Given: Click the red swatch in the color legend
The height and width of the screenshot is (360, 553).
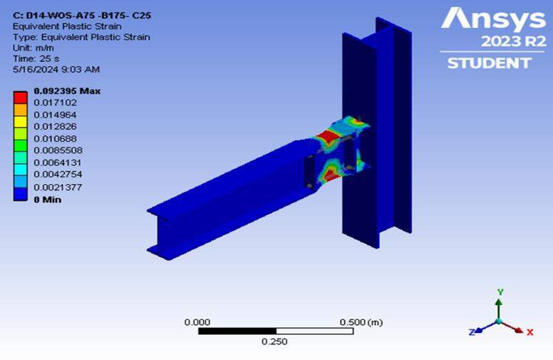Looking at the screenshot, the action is [20, 98].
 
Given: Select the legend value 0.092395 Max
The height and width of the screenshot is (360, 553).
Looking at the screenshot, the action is [67, 91].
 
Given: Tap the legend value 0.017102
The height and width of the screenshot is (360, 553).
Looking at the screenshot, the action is [55, 103].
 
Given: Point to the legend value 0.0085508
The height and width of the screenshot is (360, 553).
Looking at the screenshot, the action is [58, 150].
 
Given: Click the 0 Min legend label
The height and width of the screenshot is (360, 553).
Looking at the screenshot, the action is [48, 200].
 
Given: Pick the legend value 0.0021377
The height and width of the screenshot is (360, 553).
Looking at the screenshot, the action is [58, 187].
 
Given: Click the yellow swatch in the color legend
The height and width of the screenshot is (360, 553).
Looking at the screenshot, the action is [20, 121].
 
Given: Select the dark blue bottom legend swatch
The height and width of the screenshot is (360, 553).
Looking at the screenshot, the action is [20, 194].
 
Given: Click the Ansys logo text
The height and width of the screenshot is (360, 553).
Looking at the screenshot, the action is [493, 19].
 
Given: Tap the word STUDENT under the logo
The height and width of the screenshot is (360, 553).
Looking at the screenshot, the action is [489, 63].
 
